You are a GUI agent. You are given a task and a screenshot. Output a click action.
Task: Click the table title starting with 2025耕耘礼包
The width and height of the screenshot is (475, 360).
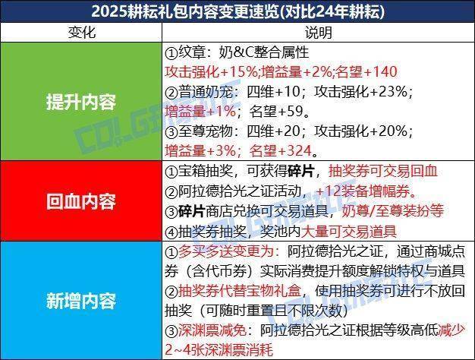(x=237, y=11)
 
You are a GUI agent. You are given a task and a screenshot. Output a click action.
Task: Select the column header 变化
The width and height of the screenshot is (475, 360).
(x=81, y=32)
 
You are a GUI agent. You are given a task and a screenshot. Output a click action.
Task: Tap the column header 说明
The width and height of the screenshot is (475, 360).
(x=318, y=32)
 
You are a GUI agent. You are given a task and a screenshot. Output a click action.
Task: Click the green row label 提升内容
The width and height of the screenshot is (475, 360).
(x=81, y=102)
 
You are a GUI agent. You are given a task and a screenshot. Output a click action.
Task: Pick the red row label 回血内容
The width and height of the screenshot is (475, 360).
(x=81, y=201)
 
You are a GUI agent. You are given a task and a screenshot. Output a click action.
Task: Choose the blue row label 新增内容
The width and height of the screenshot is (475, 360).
(x=81, y=301)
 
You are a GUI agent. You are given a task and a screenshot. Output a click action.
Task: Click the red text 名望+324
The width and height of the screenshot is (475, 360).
(x=280, y=150)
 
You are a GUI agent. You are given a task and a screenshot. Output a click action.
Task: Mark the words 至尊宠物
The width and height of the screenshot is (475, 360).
(x=205, y=131)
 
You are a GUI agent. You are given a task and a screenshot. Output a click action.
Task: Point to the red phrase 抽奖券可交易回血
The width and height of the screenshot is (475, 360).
(x=383, y=171)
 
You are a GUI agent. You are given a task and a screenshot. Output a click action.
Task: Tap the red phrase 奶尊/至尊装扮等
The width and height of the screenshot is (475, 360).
(x=392, y=211)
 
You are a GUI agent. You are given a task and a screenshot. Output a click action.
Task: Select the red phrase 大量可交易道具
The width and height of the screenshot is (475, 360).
(x=349, y=232)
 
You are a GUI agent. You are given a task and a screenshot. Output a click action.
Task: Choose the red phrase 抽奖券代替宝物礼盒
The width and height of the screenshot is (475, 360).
(x=239, y=291)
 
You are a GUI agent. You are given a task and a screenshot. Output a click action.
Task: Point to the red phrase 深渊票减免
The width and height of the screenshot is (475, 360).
(x=212, y=330)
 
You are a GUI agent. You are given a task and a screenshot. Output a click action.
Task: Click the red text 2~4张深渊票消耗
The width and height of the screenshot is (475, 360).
(x=219, y=350)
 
